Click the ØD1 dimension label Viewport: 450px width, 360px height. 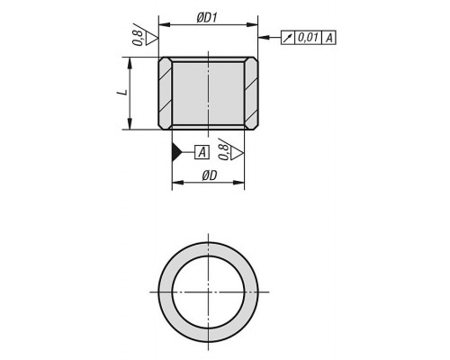[207, 18]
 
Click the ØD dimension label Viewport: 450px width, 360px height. [209, 176]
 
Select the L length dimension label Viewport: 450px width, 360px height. [122, 93]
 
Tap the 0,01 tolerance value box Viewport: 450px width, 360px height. [308, 38]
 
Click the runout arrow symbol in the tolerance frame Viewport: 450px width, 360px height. [288, 38]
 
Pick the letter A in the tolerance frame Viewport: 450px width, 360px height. [328, 38]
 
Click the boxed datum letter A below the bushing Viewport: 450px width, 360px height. [202, 152]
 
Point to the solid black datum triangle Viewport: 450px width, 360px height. [176, 152]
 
